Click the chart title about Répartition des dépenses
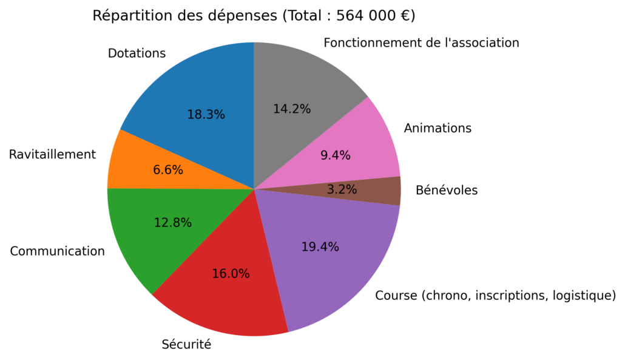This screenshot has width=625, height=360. point(254,16)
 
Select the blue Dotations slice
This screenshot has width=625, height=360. point(182,91)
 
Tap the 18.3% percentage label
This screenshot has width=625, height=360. point(206,114)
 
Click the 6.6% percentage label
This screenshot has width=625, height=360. point(168,170)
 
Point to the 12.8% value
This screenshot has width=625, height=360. point(172,223)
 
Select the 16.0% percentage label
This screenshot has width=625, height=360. point(231,274)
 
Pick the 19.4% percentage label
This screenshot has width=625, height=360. point(320,247)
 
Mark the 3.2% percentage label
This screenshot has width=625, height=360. point(342,189)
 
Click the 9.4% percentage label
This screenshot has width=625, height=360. point(336,155)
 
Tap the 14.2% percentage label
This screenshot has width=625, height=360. point(292,109)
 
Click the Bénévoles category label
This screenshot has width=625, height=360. point(447,191)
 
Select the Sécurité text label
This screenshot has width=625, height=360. point(186,345)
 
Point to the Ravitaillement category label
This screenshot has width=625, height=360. point(52,155)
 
